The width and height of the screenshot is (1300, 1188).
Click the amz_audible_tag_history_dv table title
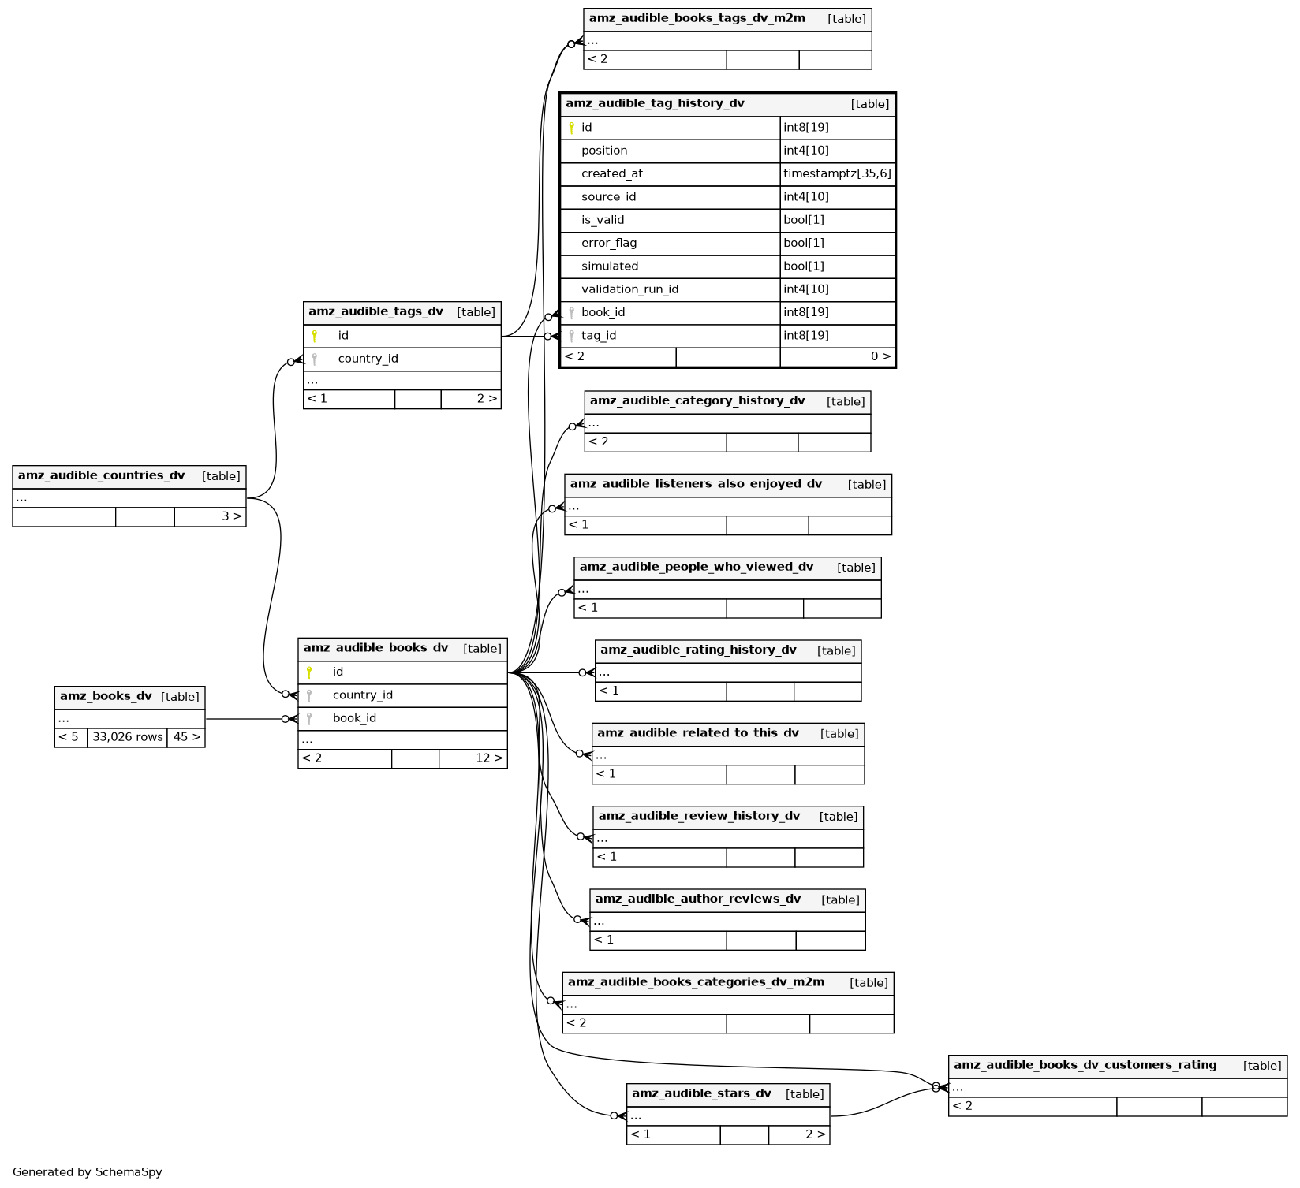[655, 103]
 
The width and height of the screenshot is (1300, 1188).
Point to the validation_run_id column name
[629, 289]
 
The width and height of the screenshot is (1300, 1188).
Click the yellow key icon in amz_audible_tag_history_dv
[571, 128]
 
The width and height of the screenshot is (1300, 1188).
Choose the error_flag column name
[608, 243]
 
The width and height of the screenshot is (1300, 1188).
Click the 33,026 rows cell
[128, 737]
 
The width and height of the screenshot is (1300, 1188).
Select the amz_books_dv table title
[106, 696]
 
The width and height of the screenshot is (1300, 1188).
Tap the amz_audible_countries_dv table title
[101, 475]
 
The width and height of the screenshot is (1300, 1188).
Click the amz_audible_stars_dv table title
[701, 1093]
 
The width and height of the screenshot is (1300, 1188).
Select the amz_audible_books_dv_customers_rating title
[1085, 1065]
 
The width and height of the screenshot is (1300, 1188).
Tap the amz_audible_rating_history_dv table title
[698, 650]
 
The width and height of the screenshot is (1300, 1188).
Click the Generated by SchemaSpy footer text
[88, 1172]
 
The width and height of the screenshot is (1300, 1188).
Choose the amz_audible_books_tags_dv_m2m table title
[697, 18]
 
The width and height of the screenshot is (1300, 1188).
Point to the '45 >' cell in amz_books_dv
[187, 737]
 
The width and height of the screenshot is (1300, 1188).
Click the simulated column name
[610, 266]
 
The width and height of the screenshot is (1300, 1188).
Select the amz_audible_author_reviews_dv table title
[697, 899]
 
